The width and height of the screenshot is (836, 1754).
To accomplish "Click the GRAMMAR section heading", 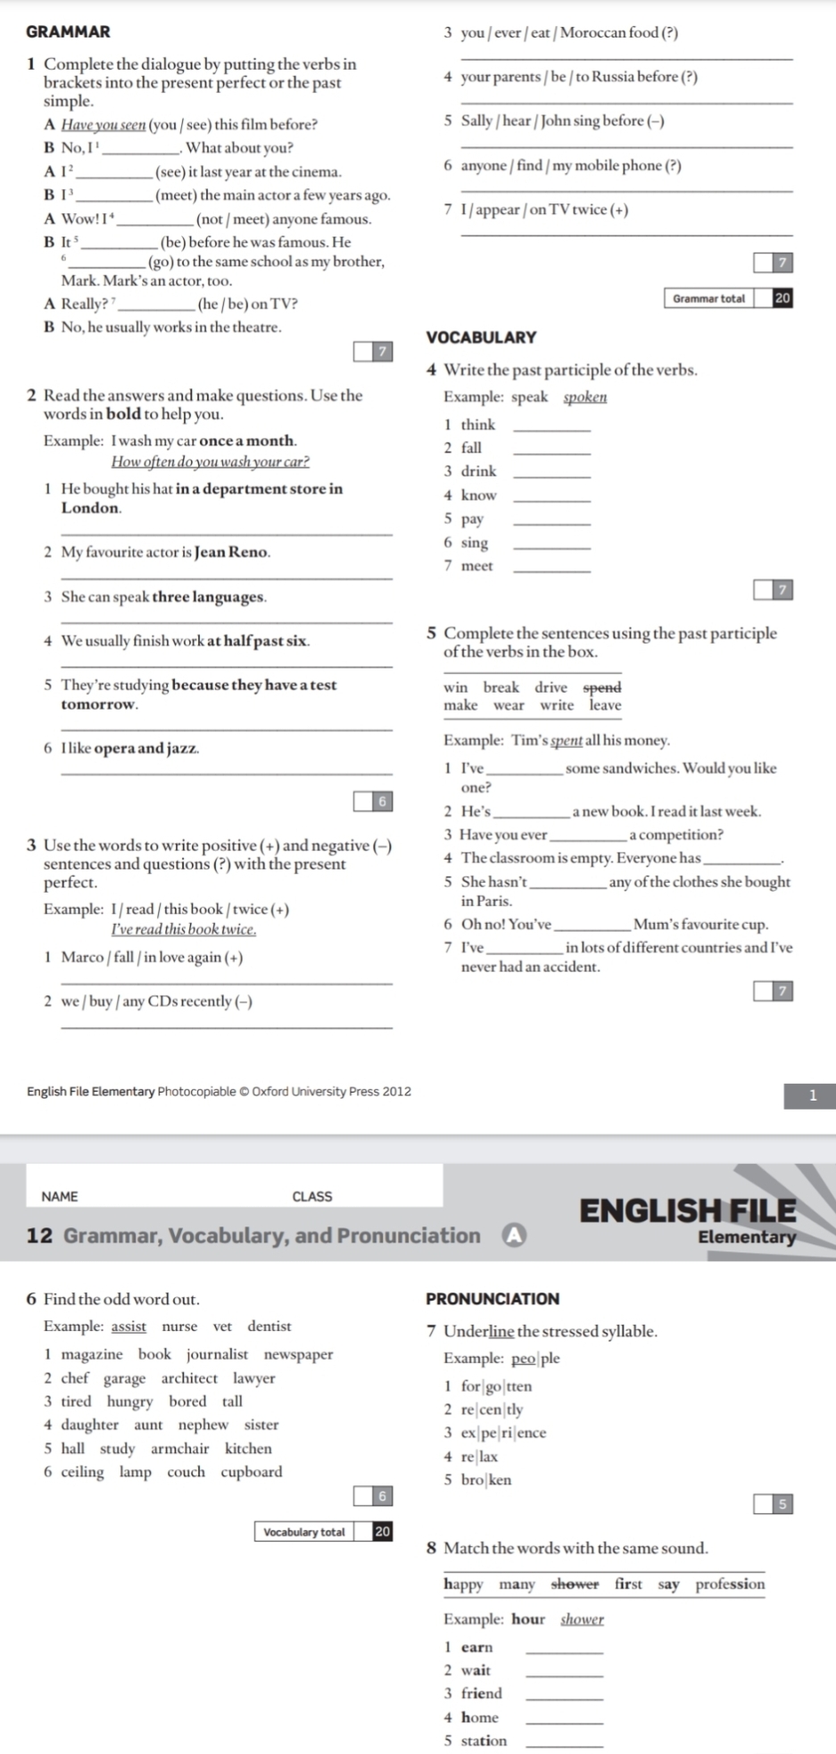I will click(69, 32).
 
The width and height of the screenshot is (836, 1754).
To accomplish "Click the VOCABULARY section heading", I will click(481, 337).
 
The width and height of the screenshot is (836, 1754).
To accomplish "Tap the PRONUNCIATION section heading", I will click(492, 1299).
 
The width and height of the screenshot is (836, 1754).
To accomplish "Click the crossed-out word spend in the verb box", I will click(602, 687).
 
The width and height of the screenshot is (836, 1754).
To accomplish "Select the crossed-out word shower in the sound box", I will click(575, 1584).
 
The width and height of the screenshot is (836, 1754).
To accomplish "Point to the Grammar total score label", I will click(709, 299).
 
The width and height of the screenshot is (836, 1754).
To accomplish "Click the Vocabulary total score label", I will click(304, 1532).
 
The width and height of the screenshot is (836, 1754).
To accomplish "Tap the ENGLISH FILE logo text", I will click(687, 1210).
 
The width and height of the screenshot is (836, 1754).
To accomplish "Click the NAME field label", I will click(60, 1196).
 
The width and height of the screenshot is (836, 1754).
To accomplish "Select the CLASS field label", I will click(312, 1196).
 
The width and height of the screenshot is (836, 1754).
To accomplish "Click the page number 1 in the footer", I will click(812, 1096).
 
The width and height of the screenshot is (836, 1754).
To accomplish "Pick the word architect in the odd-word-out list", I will click(189, 1378).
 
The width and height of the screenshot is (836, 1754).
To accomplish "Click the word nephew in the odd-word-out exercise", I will click(203, 1425).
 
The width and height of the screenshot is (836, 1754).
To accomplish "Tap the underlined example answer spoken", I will click(584, 397).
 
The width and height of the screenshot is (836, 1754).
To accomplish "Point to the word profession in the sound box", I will click(730, 1584).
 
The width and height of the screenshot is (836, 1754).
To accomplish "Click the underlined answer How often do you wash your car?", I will click(211, 461).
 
